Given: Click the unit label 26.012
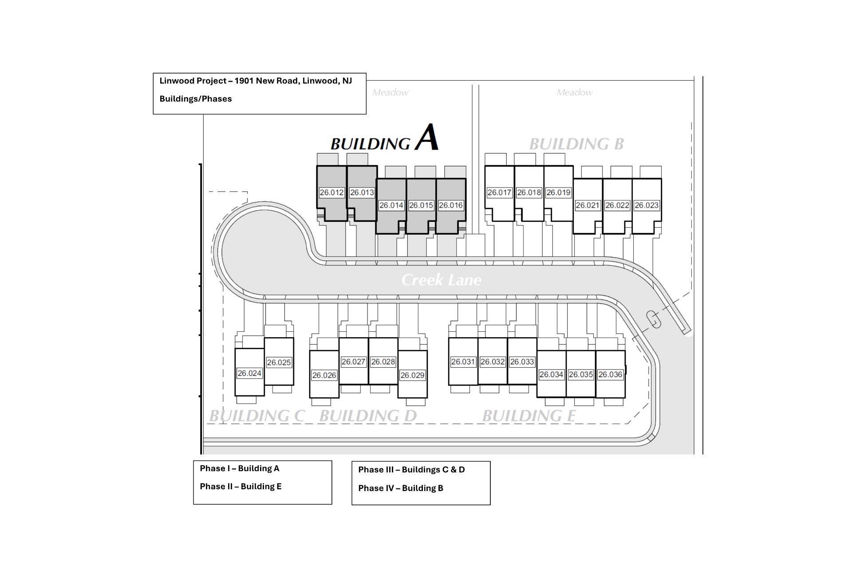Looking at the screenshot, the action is [331, 193].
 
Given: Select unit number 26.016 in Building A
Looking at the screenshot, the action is [451, 205].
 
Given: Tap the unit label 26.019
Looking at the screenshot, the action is [558, 193].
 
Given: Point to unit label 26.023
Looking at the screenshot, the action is [647, 205].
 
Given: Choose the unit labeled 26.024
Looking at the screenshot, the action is [249, 374].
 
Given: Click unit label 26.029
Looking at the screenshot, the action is [412, 375].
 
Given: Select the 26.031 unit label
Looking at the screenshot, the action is [463, 362].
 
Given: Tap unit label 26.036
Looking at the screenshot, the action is [610, 374].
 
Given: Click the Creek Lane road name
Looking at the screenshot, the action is [441, 280].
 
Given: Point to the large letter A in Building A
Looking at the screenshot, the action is [427, 137].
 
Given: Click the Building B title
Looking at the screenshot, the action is [576, 144].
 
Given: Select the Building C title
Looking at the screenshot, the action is [257, 416].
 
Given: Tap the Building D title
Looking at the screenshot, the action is [368, 416].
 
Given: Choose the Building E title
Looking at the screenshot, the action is [529, 416].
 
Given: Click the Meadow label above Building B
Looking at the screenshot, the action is [574, 92].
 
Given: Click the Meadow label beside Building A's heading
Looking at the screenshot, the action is [390, 92].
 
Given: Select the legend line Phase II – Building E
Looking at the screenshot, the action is [241, 487].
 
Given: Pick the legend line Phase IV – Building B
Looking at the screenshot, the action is [401, 488].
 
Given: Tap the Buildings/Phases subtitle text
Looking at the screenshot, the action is [196, 99].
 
